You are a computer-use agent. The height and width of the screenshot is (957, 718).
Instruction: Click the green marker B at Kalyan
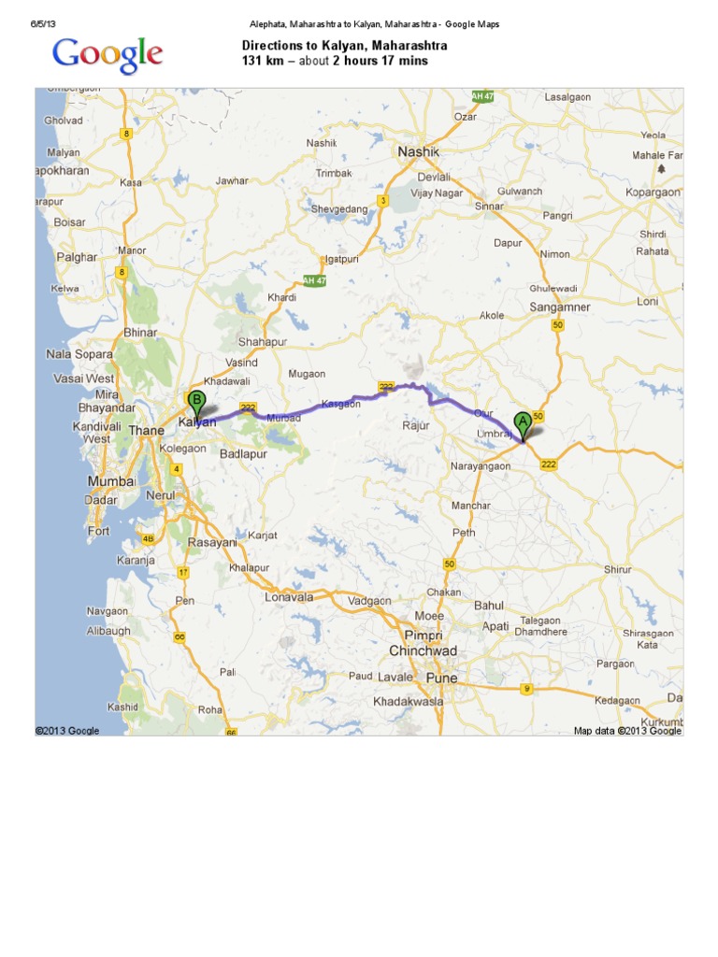tap(196, 403)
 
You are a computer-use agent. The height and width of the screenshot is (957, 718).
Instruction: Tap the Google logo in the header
tap(108, 56)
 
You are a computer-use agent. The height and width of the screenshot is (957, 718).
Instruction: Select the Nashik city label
tap(418, 150)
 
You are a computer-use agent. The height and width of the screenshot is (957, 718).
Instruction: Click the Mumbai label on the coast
tap(106, 480)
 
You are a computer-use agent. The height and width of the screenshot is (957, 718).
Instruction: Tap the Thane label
tap(147, 430)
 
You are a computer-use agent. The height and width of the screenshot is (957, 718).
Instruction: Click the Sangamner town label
tap(560, 307)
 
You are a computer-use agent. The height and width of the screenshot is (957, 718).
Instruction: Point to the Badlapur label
tap(243, 453)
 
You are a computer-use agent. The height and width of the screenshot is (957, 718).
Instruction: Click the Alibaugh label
tap(108, 631)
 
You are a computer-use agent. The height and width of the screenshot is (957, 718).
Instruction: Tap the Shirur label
tap(617, 569)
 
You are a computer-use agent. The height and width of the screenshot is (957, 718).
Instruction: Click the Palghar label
tap(77, 256)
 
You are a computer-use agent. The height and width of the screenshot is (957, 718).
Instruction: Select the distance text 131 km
tap(263, 62)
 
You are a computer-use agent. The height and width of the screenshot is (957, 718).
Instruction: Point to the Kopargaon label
tap(653, 192)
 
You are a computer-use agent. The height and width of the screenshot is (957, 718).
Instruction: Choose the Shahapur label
tap(263, 341)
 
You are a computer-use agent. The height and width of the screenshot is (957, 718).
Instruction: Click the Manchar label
tap(471, 506)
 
